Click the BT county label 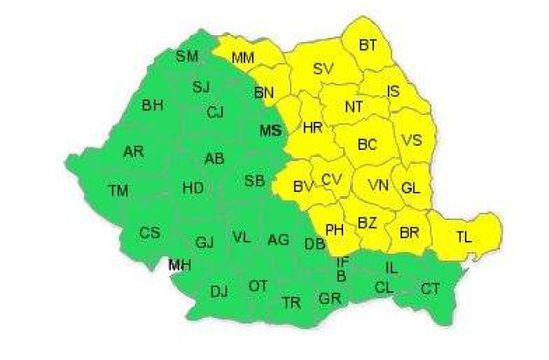coord(368,45)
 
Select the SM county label coord(186,57)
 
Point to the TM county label coord(118,189)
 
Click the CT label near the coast coord(431,288)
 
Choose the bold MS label coord(270,130)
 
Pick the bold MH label coord(179,265)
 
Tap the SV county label coord(323,69)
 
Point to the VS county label coord(411,141)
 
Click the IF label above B coord(342,262)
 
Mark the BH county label coord(153,105)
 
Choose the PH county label coord(335,230)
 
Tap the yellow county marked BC coord(367,145)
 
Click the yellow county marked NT coord(353,107)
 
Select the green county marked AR coord(133,151)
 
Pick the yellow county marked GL coord(411,187)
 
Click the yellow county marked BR coord(408,231)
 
